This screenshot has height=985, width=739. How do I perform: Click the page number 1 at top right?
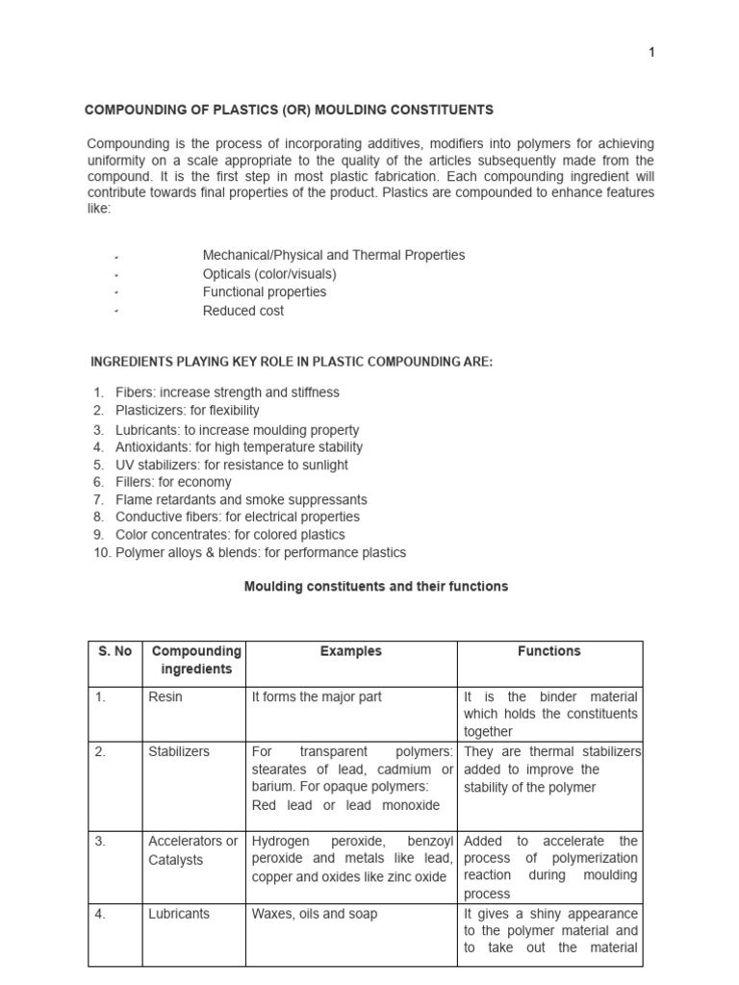pos(651,53)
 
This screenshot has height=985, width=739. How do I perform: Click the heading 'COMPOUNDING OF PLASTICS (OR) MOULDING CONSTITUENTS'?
pos(290,111)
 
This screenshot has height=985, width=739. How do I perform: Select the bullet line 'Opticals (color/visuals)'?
pos(269,274)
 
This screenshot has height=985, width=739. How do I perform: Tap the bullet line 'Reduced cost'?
pos(242,311)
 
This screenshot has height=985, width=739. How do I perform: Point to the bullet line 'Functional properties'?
pos(264,292)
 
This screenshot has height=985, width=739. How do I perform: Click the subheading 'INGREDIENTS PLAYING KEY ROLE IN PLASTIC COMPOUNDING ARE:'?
pos(291,362)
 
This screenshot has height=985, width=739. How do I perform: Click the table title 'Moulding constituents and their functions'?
pos(375,587)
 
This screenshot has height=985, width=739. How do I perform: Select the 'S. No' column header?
pos(115,651)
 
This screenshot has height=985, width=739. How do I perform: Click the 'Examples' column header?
pos(350,651)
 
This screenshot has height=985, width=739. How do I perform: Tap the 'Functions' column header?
pos(548,651)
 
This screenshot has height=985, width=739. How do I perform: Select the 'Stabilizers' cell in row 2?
pos(179,752)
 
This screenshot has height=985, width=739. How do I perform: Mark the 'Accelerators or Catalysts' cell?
pos(192,850)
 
